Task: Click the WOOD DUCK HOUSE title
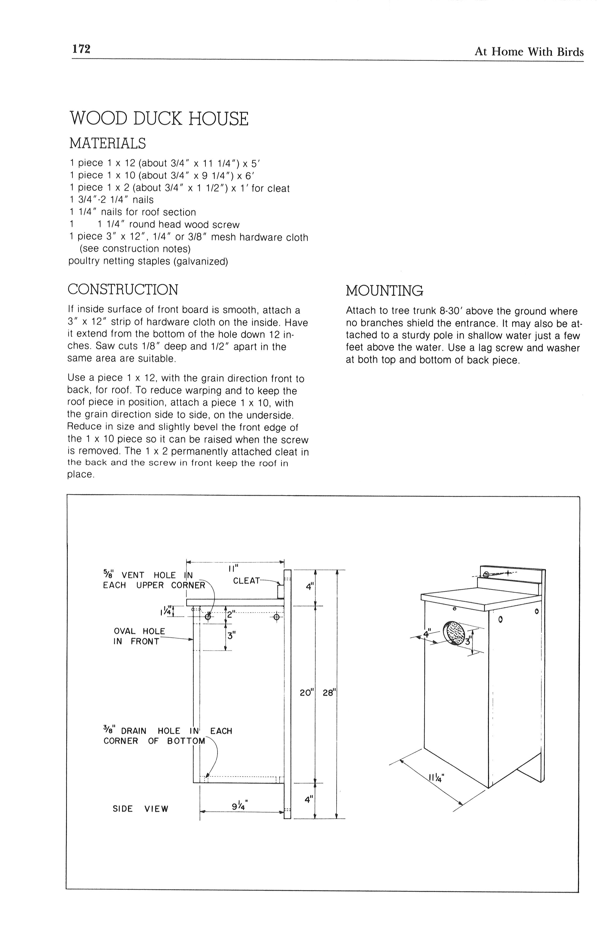pyautogui.click(x=159, y=119)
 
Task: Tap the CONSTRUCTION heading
pyautogui.click(x=123, y=290)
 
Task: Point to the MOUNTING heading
pyautogui.click(x=384, y=290)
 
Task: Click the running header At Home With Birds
pyautogui.click(x=529, y=52)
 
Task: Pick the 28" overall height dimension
pyautogui.click(x=329, y=693)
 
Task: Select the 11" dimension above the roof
pyautogui.click(x=234, y=569)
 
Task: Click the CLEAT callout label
pyautogui.click(x=246, y=581)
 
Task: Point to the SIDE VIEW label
pyautogui.click(x=140, y=809)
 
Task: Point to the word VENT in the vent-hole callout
pyautogui.click(x=133, y=575)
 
